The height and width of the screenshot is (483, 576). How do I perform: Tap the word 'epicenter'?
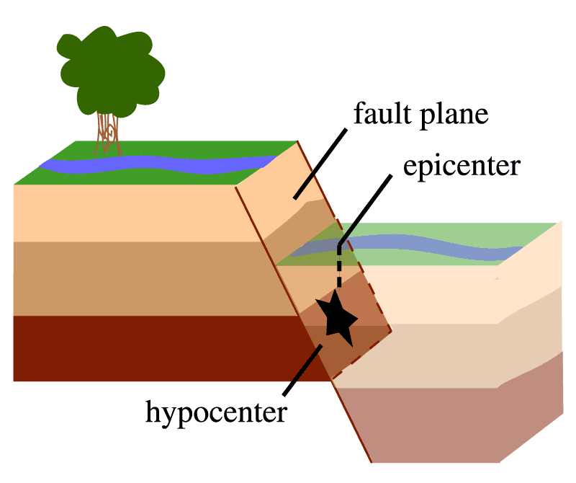pos(461,167)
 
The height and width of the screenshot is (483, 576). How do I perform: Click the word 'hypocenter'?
pos(216,412)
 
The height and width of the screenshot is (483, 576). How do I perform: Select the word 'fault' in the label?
pos(382,115)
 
